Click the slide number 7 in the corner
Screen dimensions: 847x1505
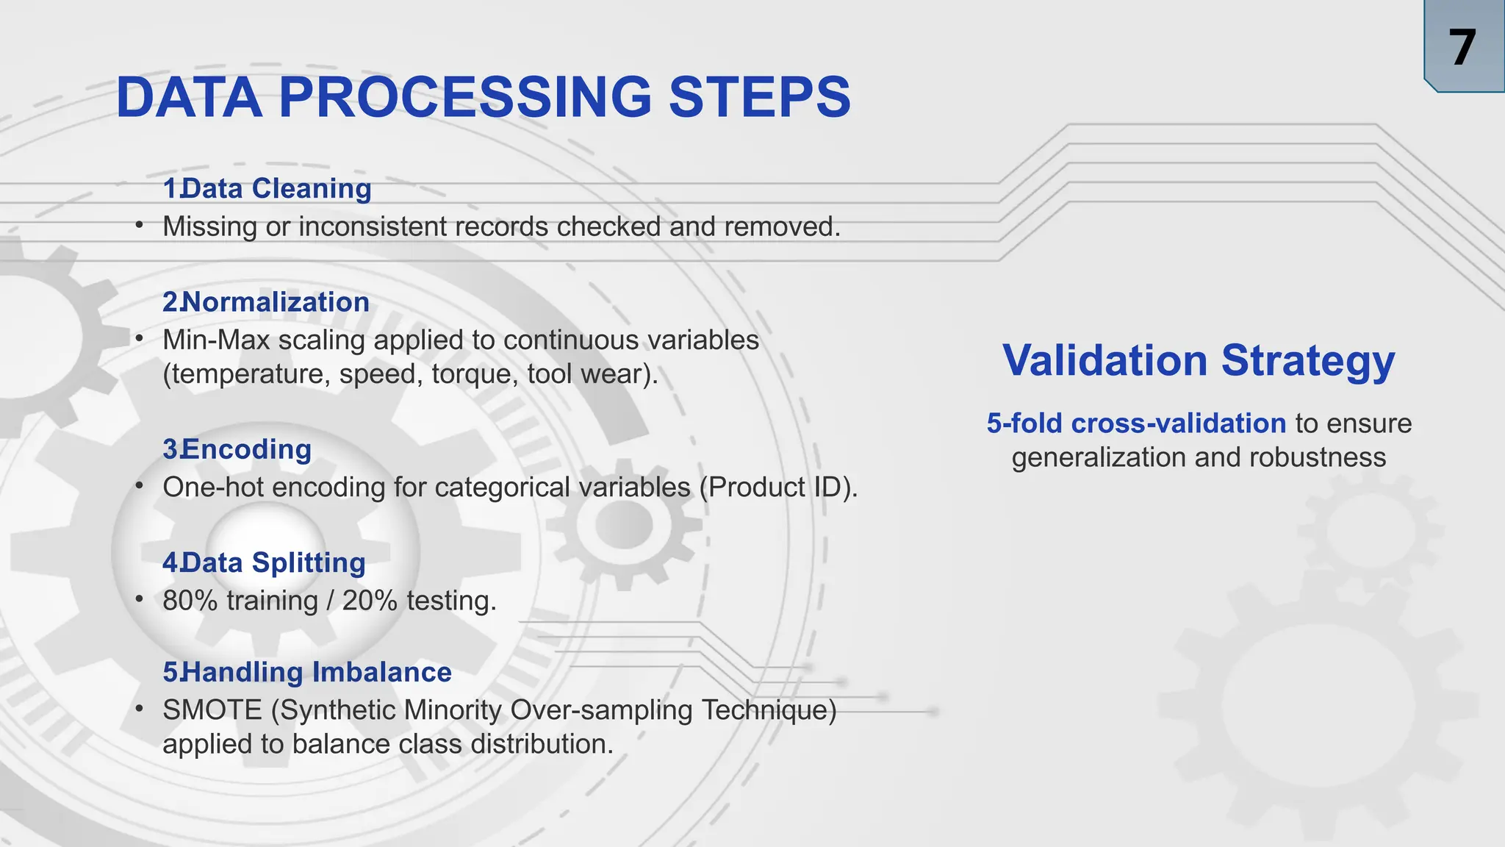coord(1462,48)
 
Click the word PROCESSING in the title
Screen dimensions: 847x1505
coord(464,97)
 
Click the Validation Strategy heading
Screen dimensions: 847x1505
coord(1199,360)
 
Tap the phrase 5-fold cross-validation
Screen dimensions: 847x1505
coord(1136,423)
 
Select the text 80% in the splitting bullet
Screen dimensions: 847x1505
coord(190,601)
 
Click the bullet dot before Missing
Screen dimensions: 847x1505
coord(139,226)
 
